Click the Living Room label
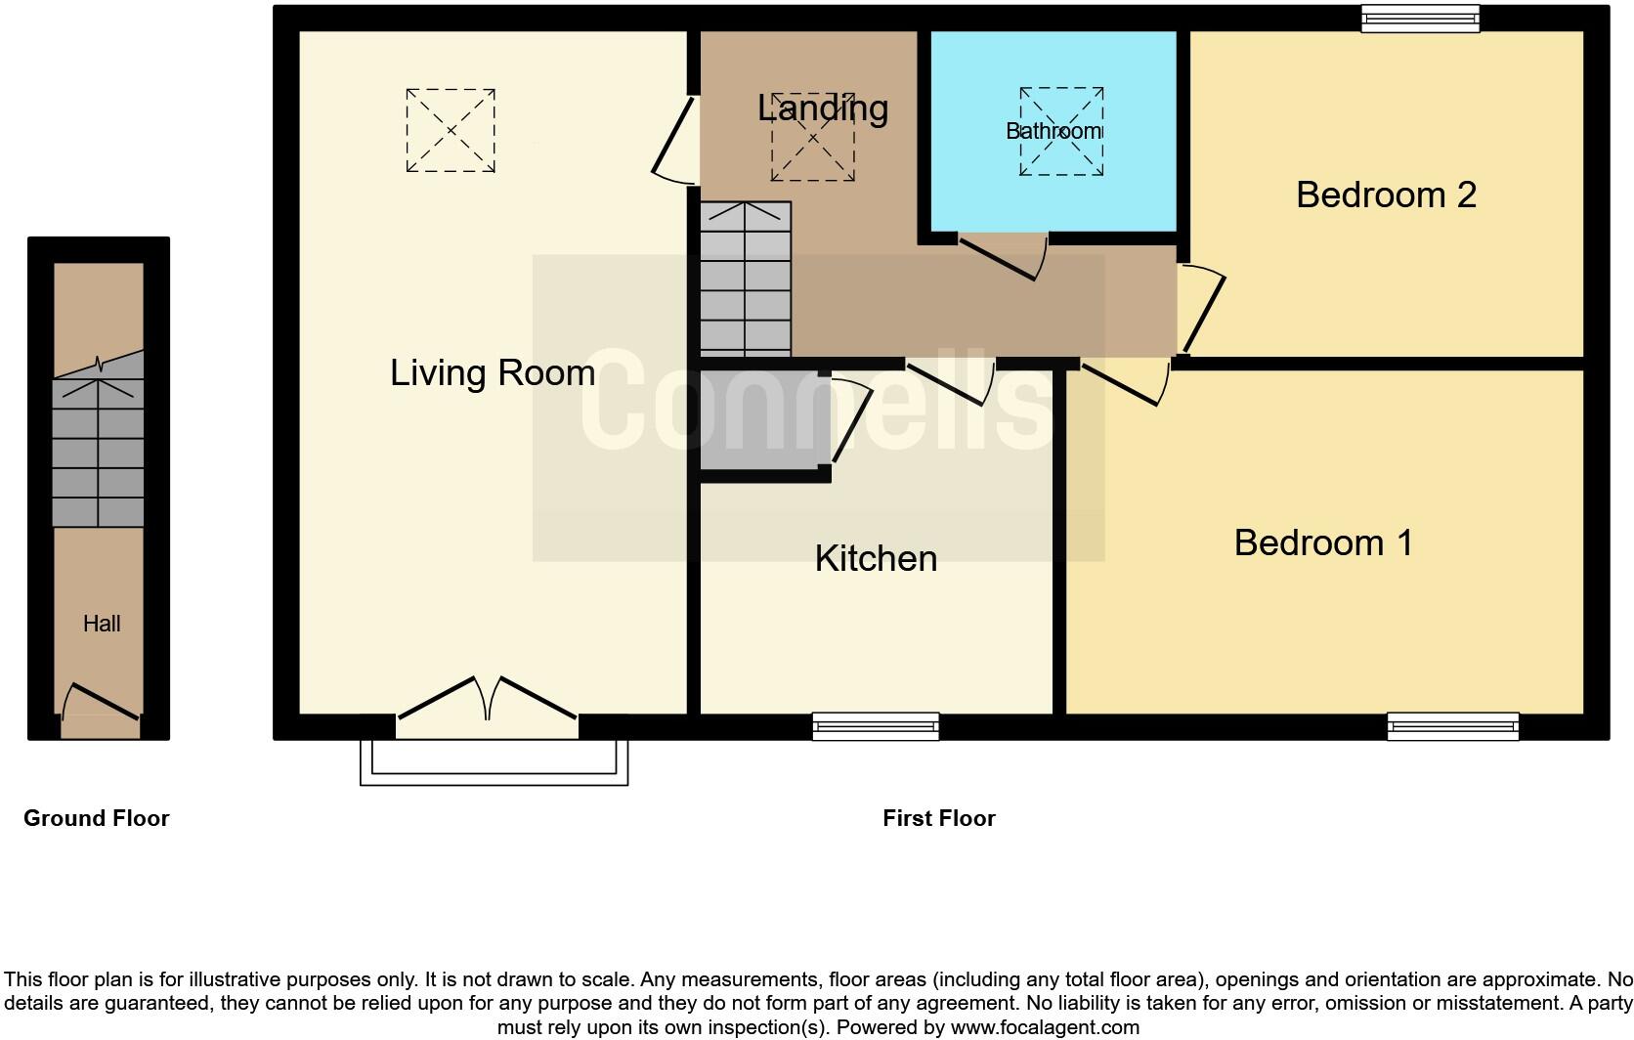tap(493, 372)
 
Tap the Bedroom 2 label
tap(1385, 195)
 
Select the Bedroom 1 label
tap(1322, 542)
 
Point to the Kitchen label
tap(876, 558)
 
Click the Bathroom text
tap(1053, 131)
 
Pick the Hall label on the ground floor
tap(102, 624)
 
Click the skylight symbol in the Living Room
tap(451, 131)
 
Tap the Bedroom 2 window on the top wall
tap(1421, 19)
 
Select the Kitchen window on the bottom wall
tap(876, 726)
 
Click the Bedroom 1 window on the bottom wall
tap(1453, 726)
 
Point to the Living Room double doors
tap(487, 700)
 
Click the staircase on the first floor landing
tap(746, 279)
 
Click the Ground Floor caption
tap(96, 818)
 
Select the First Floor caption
tap(938, 818)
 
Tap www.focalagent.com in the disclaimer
tap(1044, 1027)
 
